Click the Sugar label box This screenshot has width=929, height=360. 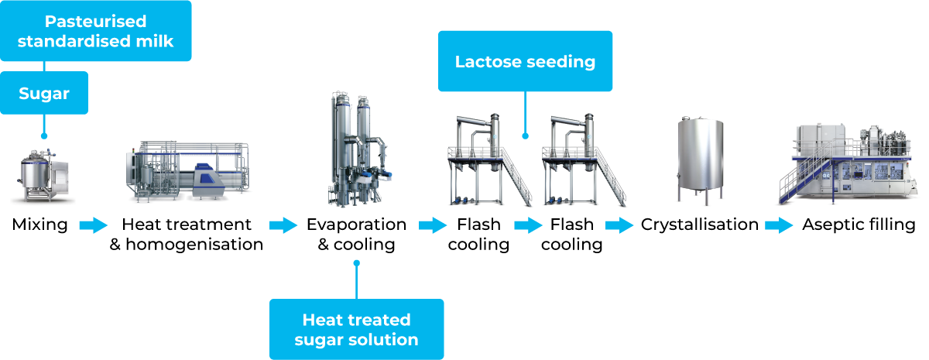point(44,94)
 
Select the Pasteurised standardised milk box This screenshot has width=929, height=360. point(94,31)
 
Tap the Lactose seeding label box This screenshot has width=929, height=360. point(525,61)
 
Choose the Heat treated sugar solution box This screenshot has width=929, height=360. point(356,329)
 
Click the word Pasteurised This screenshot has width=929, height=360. point(95,21)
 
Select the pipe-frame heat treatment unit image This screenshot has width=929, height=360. point(191,170)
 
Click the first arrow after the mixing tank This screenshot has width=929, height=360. point(94,225)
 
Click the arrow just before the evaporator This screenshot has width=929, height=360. point(283,225)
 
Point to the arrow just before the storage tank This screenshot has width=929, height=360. point(619,225)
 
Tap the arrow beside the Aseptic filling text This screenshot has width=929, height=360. point(779,225)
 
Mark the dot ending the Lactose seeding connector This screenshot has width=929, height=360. point(525,135)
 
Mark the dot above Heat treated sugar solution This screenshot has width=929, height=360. point(356,262)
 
